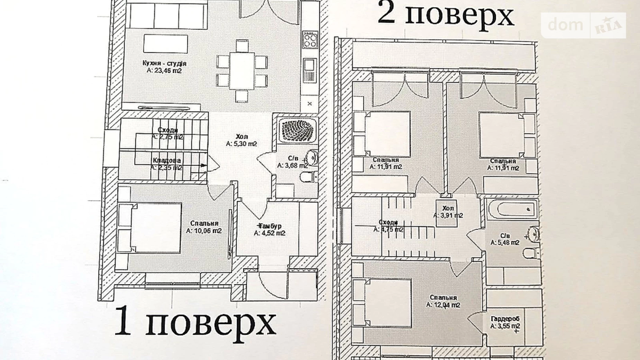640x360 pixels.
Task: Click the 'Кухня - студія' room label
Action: pos(164,63)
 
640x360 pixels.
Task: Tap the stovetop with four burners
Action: pos(310,39)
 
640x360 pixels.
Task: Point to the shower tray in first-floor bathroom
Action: pos(297,130)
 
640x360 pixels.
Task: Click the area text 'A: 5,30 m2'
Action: pos(241,144)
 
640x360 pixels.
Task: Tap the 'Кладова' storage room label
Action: pos(166,161)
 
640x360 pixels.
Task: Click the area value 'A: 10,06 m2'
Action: pos(204,231)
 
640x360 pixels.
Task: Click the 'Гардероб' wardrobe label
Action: pos(505,319)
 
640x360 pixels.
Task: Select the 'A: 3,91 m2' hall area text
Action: pos(448,215)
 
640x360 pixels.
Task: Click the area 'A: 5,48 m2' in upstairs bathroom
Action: pos(505,243)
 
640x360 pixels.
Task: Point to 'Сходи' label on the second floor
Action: pos(388,222)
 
